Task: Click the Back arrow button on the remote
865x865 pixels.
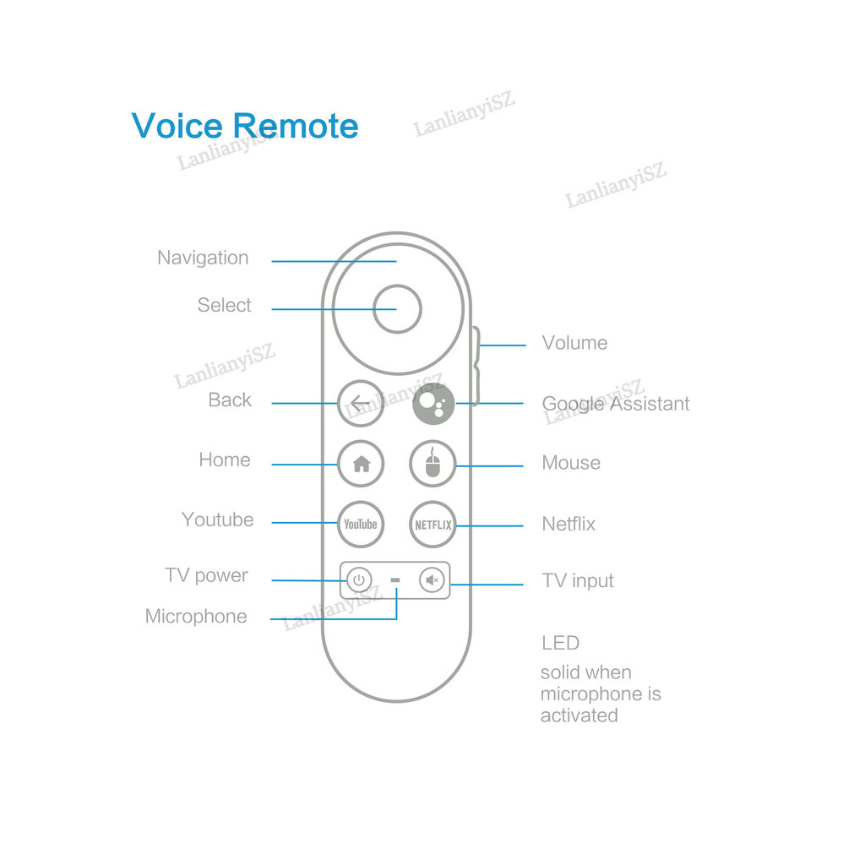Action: coord(361,403)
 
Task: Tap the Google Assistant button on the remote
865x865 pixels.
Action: coord(433,403)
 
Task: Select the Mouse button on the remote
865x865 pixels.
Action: coord(433,464)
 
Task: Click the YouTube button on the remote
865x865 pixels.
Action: coord(361,524)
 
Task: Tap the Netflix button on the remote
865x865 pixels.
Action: coord(433,524)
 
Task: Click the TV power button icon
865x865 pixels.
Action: coord(359,580)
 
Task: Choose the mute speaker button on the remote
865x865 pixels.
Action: coord(432,580)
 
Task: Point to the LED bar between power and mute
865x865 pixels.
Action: coord(395,580)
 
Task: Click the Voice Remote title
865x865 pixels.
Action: coord(245,126)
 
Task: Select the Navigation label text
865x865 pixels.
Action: coord(203,258)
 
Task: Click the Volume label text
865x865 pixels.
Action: coord(574,343)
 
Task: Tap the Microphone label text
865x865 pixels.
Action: coord(196,616)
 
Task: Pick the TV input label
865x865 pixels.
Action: coord(578,581)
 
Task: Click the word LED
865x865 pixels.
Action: coord(561,643)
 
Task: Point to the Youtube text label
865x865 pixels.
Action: coord(217,520)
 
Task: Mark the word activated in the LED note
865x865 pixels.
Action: coord(579,715)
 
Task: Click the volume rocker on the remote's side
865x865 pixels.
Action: coord(476,364)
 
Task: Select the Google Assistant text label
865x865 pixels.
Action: coord(616,404)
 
